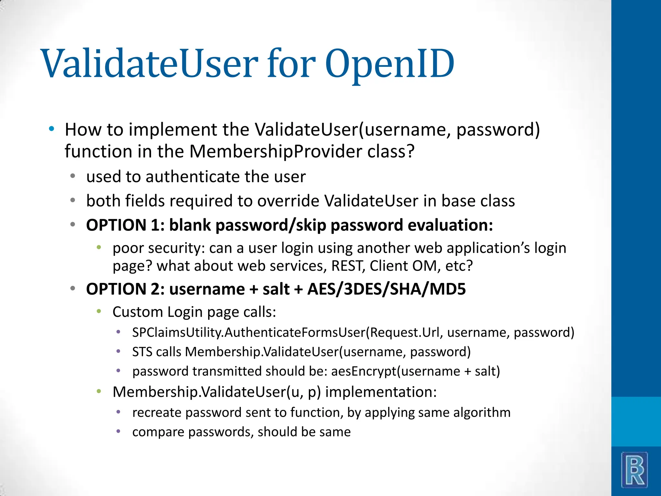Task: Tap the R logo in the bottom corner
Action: (635, 470)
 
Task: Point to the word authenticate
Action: (192, 177)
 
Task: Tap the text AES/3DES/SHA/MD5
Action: (386, 289)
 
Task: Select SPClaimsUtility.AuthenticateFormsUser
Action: (249, 332)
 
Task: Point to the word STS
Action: (142, 352)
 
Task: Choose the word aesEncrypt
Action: (363, 371)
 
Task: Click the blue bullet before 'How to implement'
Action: (51, 129)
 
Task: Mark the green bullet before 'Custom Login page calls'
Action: (99, 312)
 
